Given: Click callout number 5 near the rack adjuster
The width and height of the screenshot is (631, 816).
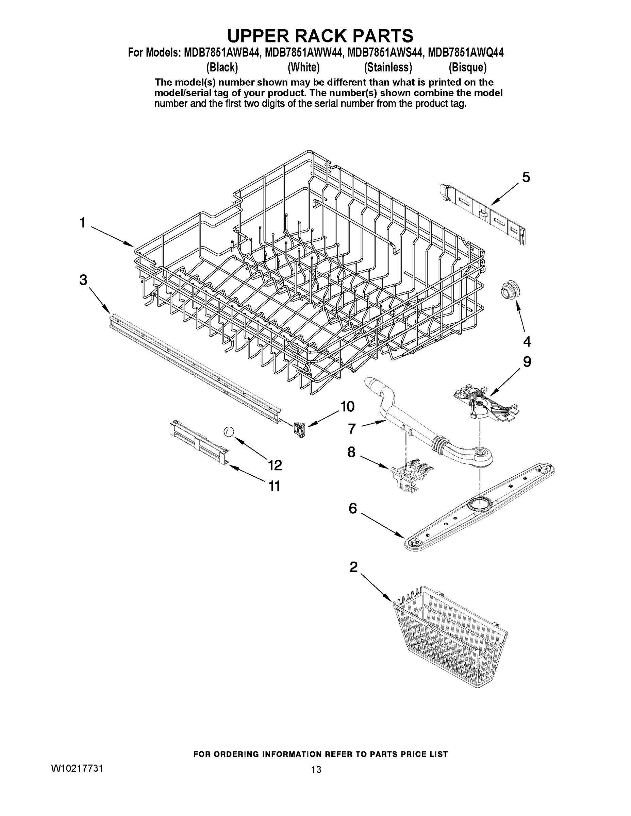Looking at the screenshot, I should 526,177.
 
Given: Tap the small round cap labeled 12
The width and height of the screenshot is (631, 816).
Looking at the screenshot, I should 229,432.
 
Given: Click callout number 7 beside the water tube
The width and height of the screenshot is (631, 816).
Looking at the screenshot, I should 351,428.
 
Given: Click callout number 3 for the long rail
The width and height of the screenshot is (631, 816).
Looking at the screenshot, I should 83,279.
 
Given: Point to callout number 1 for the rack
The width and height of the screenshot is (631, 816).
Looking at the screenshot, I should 83,223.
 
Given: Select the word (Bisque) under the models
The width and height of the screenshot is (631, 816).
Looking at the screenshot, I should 468,68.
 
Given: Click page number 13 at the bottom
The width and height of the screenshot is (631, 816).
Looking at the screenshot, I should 316,769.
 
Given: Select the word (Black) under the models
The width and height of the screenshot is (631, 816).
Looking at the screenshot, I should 222,68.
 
